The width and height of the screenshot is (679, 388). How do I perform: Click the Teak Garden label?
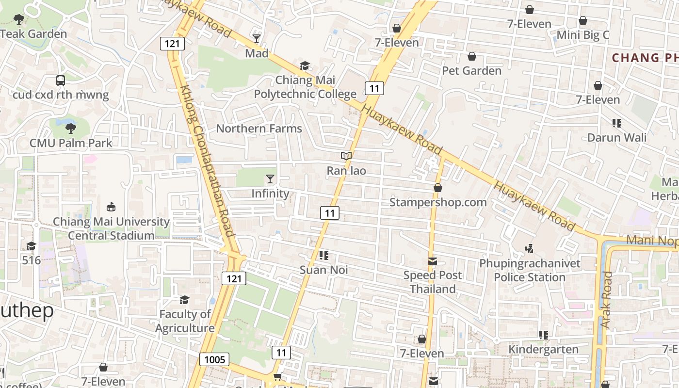pyautogui.click(x=34, y=34)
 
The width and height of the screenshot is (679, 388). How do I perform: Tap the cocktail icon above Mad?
pyautogui.click(x=257, y=39)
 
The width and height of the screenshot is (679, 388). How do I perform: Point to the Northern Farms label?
pyautogui.click(x=259, y=129)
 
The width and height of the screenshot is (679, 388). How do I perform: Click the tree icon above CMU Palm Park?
pyautogui.click(x=71, y=129)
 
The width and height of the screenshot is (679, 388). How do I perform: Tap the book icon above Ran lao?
pyautogui.click(x=346, y=156)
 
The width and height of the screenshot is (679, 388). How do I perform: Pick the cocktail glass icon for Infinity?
pyautogui.click(x=270, y=179)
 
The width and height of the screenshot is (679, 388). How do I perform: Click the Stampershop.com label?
pyautogui.click(x=438, y=202)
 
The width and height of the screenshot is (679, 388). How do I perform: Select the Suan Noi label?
pyautogui.click(x=323, y=270)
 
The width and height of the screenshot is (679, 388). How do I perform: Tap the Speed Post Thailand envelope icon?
pyautogui.click(x=433, y=262)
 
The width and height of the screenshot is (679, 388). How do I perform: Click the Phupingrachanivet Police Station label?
pyautogui.click(x=530, y=270)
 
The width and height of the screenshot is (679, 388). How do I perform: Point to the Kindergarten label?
pyautogui.click(x=543, y=349)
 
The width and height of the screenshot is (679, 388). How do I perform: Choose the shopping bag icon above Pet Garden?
pyautogui.click(x=471, y=57)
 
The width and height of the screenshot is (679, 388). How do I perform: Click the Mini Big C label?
pyautogui.click(x=582, y=35)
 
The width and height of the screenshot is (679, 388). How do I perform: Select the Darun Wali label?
pyautogui.click(x=616, y=137)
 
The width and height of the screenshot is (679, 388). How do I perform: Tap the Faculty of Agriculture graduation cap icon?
pyautogui.click(x=184, y=300)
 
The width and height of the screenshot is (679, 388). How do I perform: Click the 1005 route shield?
pyautogui.click(x=215, y=359)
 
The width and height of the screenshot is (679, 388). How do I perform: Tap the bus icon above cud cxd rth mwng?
pyautogui.click(x=61, y=81)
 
